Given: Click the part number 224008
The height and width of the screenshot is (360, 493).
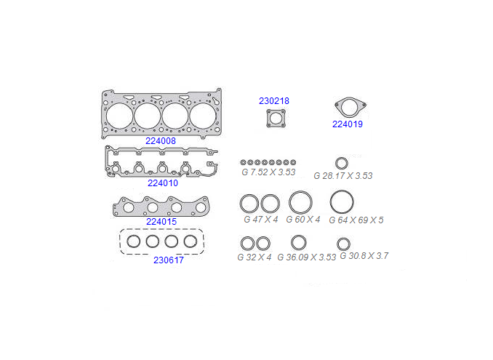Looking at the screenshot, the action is [161, 141].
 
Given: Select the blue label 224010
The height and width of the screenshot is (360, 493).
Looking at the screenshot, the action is [163, 183].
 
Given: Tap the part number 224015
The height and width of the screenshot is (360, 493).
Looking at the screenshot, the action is [161, 222].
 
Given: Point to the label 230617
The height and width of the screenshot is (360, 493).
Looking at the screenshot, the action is [169, 260].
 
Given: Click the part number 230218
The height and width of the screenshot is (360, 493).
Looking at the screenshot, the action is [274, 101].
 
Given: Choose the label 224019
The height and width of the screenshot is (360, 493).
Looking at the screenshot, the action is [348, 124].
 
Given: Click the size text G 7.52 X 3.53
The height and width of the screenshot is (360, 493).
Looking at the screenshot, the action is [268, 172].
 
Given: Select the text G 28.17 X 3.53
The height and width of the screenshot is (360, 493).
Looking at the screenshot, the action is [343, 176].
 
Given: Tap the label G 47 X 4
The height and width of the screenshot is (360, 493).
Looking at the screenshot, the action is [261, 220].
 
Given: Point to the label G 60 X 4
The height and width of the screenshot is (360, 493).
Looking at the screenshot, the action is [303, 220].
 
